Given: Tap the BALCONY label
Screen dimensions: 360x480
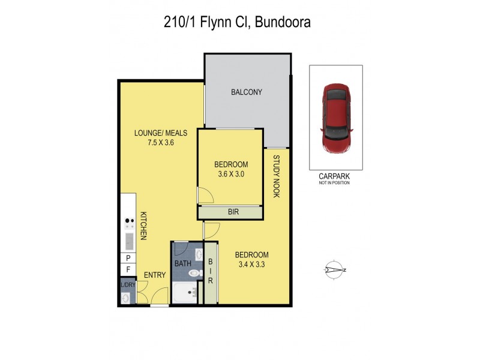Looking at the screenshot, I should (x=247, y=92).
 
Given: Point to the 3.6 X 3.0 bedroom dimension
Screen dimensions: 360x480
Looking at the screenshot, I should (x=231, y=175).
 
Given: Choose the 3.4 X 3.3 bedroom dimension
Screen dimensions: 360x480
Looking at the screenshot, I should (x=251, y=263).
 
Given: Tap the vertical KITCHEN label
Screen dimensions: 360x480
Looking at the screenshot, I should (x=144, y=226).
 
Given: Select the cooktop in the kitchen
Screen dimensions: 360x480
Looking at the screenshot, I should (x=128, y=224).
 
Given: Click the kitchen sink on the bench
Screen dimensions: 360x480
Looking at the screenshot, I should (x=128, y=242).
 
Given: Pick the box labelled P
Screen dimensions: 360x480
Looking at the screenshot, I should (x=128, y=258).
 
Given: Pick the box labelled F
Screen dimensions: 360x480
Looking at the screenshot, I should (x=128, y=270).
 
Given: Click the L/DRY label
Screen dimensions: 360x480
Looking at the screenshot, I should (x=127, y=285).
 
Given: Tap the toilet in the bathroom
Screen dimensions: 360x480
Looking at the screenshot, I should (x=194, y=274).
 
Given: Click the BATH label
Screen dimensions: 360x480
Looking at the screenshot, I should (x=182, y=263).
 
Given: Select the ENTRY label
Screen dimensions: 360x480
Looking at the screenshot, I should (x=155, y=275).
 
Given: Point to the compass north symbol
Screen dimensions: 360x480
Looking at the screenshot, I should (x=334, y=269).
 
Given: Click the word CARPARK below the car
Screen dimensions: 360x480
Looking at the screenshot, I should (x=335, y=177).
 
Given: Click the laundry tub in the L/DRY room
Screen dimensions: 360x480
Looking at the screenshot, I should (x=125, y=298).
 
